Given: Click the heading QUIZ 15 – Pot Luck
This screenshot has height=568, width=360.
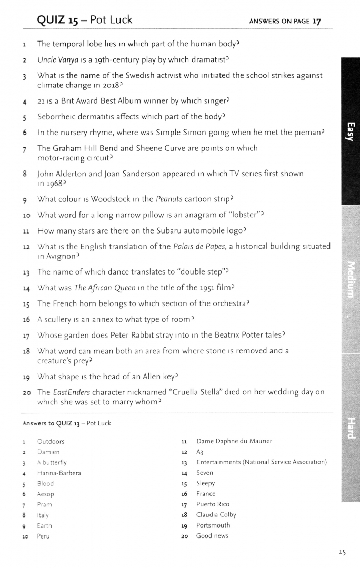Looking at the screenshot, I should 84,20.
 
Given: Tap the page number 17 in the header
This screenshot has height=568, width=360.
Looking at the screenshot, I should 316,21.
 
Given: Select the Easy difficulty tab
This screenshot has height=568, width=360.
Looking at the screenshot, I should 350,131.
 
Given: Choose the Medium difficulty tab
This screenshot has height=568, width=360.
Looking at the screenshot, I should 350,279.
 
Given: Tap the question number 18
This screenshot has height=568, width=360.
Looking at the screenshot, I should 25,350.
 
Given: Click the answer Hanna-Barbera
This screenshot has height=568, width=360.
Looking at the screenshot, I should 59,473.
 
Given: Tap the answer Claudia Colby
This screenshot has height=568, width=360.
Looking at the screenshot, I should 216,514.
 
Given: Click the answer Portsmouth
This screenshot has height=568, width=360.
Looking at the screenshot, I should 213,525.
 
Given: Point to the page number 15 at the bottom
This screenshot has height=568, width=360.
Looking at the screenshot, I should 342,552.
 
